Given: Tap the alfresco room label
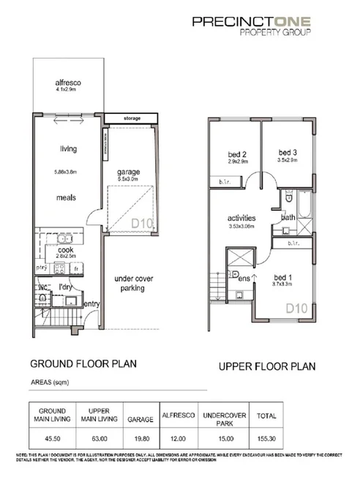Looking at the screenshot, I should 67,83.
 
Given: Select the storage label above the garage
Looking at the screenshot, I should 131,117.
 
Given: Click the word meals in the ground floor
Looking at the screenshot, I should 68,197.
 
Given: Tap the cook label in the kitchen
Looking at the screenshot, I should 67,249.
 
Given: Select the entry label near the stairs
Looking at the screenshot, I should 91,304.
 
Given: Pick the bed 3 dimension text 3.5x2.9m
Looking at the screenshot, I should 287,159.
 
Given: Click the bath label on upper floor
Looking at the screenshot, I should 288,217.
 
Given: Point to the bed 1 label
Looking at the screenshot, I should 284,277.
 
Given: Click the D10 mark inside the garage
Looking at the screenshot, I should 143,223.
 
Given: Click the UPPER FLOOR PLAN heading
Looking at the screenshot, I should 267,366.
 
